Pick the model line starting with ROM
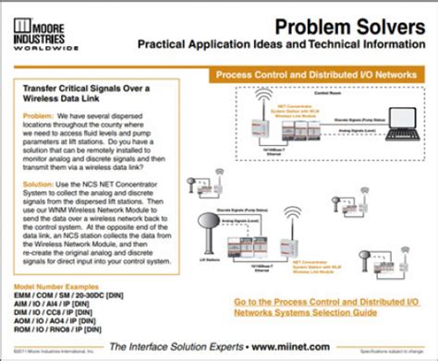[63, 328]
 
